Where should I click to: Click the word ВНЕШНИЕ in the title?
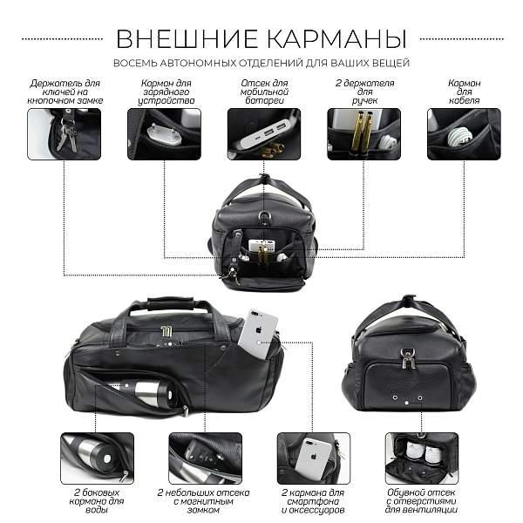[x=181, y=38]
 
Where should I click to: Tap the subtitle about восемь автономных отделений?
[x=261, y=63]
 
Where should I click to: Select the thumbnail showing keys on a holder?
[x=64, y=133]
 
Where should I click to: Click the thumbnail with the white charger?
[x=164, y=133]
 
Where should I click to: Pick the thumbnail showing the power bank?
[x=263, y=133]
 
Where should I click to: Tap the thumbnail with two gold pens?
[x=363, y=133]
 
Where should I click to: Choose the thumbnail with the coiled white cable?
[x=464, y=133]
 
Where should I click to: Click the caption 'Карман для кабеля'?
[x=464, y=90]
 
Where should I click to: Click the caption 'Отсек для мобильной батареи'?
[x=263, y=90]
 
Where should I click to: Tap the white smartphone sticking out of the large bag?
[x=261, y=333]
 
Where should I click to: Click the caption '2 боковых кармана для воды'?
[x=97, y=503]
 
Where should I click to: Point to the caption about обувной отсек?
[x=421, y=503]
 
